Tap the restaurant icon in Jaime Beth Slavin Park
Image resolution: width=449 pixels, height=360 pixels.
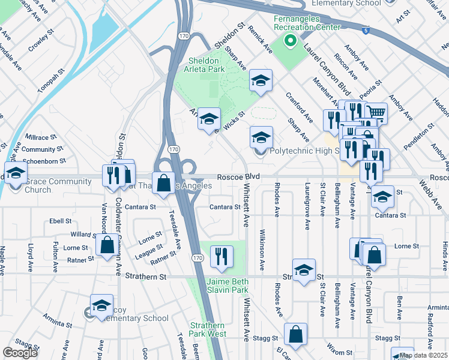(221, 256)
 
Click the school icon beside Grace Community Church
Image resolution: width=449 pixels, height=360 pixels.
(16, 173)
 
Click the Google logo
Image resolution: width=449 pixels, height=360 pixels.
(20, 353)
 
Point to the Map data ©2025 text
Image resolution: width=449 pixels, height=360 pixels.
(423, 355)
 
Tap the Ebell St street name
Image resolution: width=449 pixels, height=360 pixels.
(61, 221)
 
